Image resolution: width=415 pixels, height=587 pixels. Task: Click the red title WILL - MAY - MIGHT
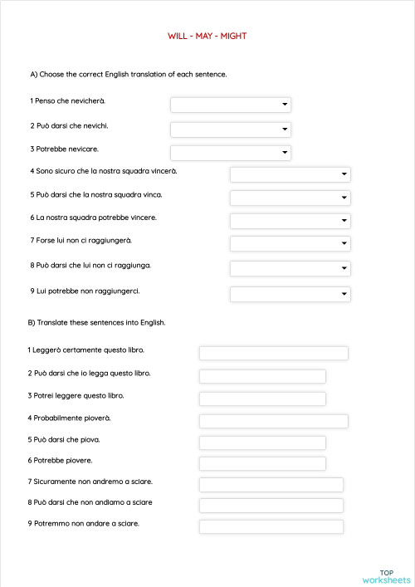(x=207, y=37)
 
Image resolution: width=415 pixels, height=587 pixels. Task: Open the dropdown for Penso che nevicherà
(x=230, y=105)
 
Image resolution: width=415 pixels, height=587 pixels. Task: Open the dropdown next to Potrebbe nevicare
(x=230, y=153)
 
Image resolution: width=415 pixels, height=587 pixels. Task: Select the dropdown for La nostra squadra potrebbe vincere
(x=290, y=221)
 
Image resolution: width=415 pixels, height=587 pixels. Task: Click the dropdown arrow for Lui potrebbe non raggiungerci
(x=344, y=295)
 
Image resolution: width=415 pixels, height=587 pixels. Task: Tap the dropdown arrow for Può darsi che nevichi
(x=285, y=130)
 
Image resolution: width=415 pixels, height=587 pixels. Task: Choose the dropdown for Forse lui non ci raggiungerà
(x=290, y=243)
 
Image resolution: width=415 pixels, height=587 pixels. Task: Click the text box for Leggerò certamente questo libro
(x=273, y=354)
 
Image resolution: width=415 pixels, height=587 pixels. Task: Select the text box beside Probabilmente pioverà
(x=273, y=421)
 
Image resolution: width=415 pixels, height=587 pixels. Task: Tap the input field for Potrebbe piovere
(x=262, y=463)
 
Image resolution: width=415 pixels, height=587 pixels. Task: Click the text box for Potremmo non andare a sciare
(x=271, y=526)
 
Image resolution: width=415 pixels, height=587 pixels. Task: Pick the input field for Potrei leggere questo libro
(x=262, y=399)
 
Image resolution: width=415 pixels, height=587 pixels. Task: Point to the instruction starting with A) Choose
(x=129, y=74)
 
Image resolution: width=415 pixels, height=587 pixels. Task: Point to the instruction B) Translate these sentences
(x=97, y=322)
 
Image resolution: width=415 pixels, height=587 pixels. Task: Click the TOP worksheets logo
(x=386, y=575)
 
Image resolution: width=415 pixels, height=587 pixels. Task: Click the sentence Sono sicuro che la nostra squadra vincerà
(x=103, y=171)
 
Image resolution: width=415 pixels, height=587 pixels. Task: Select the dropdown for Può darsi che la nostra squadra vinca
(x=290, y=198)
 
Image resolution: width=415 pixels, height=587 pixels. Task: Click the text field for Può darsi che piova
(x=262, y=443)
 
